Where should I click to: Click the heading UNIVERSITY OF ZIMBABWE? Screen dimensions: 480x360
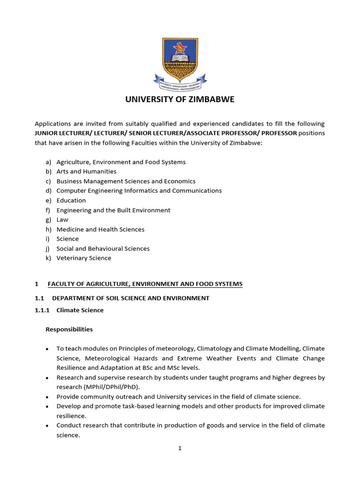point(180,99)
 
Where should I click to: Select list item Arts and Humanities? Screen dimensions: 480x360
point(86,172)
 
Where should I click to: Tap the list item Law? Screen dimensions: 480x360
point(62,219)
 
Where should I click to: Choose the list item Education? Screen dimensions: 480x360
point(71,200)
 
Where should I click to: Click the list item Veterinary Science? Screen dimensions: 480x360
point(84,258)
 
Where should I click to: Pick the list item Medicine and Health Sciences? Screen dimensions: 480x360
point(100,229)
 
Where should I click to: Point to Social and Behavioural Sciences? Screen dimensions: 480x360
point(103,248)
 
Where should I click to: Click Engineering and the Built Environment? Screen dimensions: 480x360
point(113,210)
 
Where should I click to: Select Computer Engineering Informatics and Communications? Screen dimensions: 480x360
point(139,191)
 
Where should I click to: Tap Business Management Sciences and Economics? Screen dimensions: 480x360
point(126,181)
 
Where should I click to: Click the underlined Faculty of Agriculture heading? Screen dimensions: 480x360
point(145,284)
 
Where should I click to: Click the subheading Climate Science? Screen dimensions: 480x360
point(80,310)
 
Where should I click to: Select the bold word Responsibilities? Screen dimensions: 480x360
point(69,330)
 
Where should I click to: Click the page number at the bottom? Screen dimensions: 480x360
point(180,448)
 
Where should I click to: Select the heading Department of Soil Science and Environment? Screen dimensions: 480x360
point(131,298)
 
